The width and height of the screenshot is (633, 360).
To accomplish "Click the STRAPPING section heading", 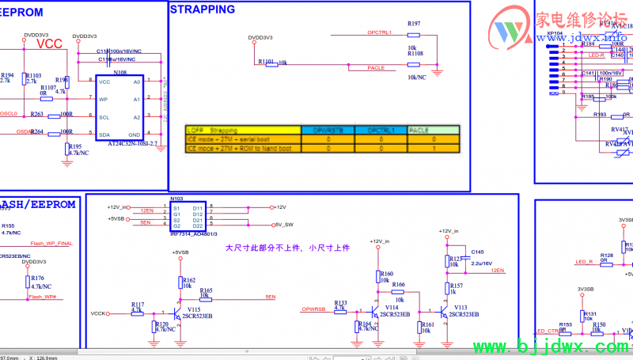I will pyautogui.click(x=203, y=9).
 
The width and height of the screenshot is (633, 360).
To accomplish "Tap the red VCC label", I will pyautogui.click(x=50, y=44).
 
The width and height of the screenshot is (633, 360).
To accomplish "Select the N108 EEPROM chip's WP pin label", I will pyautogui.click(x=103, y=100).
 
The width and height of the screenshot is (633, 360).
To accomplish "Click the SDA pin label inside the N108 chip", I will pyautogui.click(x=104, y=135).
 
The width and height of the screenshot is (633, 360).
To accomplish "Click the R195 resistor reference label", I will pyautogui.click(x=75, y=146).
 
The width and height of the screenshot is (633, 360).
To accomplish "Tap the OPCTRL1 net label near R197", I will pyautogui.click(x=381, y=32).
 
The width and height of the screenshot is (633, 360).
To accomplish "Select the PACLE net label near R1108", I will pyautogui.click(x=377, y=68).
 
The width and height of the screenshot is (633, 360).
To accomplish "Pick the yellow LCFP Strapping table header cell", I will pyautogui.click(x=242, y=130).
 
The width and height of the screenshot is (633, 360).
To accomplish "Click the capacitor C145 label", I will pyautogui.click(x=477, y=252).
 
